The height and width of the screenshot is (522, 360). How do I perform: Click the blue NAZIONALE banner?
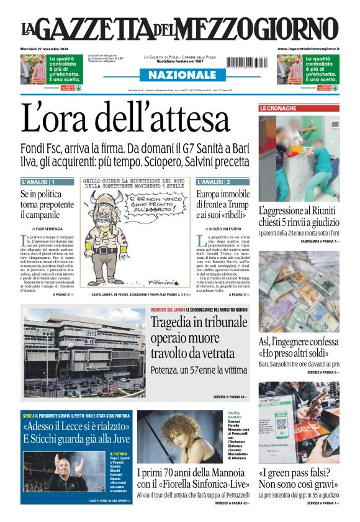(x=179, y=74)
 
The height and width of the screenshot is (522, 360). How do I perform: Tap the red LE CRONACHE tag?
(x=278, y=108)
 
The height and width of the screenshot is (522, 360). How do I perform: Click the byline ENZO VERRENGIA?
(x=50, y=229)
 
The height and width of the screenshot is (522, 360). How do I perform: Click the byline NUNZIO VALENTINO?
(x=223, y=229)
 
